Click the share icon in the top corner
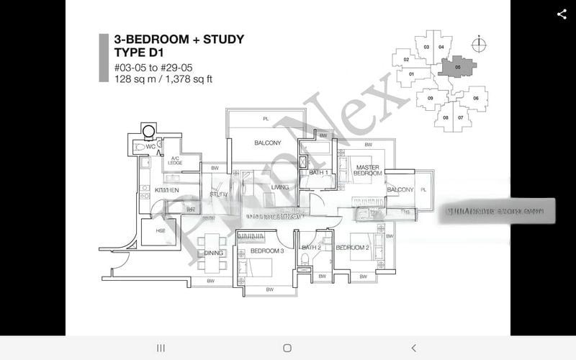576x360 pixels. click(x=562, y=14)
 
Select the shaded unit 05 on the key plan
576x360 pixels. click(x=458, y=66)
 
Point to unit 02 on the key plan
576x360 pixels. click(x=406, y=60)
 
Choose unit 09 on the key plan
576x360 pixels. click(x=430, y=98)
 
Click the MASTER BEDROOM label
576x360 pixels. click(x=367, y=171)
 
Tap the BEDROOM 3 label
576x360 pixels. click(x=267, y=251)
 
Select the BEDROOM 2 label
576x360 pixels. click(x=352, y=248)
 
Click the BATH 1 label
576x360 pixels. click(x=319, y=173)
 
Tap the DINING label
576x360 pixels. click(x=214, y=253)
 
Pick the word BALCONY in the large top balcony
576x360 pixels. click(x=267, y=143)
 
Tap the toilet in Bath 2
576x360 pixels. click(x=303, y=258)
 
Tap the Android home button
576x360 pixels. click(x=287, y=348)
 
